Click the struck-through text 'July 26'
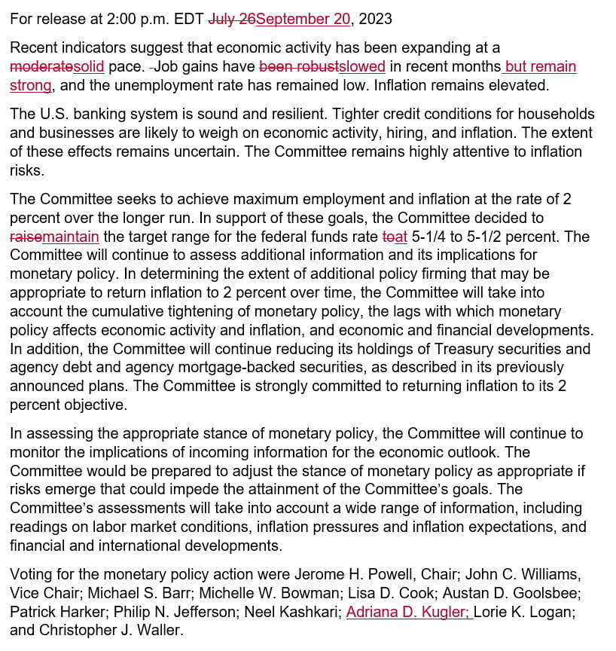pyautogui.click(x=231, y=19)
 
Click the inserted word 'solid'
pyautogui.click(x=89, y=66)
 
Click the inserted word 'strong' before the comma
pyautogui.click(x=30, y=85)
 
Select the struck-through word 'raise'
pyautogui.click(x=26, y=237)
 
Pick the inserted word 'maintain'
pyautogui.click(x=71, y=237)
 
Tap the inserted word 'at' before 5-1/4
pyautogui.click(x=401, y=237)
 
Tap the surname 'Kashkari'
pyautogui.click(x=310, y=612)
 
